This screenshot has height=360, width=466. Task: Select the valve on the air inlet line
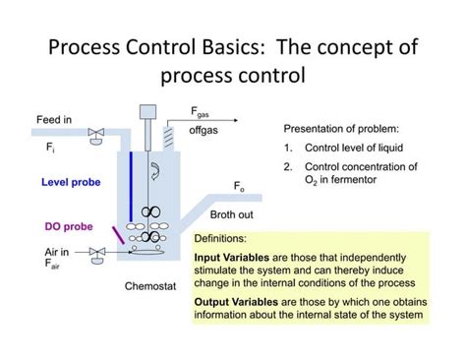tap(96, 255)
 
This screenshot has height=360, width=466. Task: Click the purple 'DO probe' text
tap(68, 225)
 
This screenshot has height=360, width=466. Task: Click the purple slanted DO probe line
tap(117, 236)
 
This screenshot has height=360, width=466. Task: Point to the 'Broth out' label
tap(231, 213)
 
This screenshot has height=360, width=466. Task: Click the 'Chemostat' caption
tap(148, 287)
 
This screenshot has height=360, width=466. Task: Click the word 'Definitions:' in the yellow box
tap(220, 238)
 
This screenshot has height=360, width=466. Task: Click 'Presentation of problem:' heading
tap(341, 129)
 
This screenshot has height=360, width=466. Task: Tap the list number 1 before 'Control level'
tap(289, 148)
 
